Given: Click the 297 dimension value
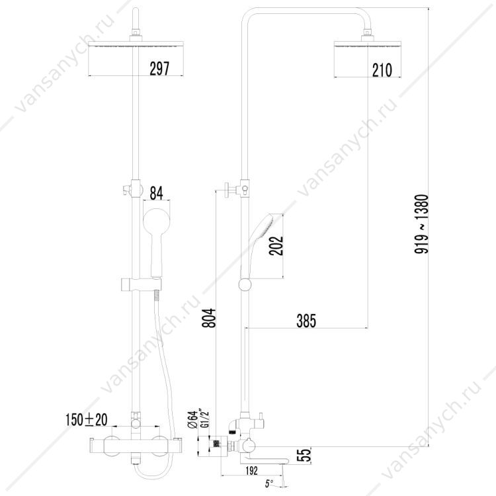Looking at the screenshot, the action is click(159, 68).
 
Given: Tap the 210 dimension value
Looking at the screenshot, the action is click(382, 70).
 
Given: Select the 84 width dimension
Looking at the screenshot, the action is click(156, 193).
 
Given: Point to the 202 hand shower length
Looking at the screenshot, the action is click(276, 245).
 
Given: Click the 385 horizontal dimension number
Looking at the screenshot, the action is click(306, 321).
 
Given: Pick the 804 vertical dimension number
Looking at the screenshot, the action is click(209, 318).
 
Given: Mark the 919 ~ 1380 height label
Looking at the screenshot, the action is click(421, 224).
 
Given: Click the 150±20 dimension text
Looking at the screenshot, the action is click(87, 420).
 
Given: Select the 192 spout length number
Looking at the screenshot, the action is click(251, 470).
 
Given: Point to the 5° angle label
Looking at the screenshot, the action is click(269, 483).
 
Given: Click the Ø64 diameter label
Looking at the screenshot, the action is click(192, 420).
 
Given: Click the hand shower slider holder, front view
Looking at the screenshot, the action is click(141, 284).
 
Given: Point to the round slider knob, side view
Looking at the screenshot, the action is click(245, 284).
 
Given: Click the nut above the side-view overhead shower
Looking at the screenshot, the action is click(367, 32).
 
